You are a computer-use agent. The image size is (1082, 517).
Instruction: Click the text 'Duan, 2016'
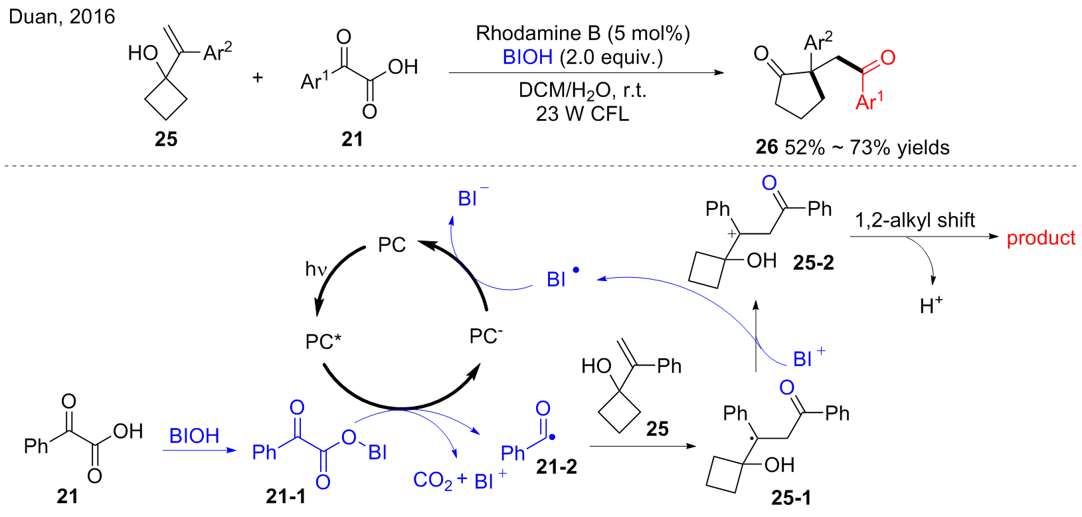tap(62, 17)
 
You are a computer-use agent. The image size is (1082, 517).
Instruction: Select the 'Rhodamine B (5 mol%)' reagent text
tap(583, 33)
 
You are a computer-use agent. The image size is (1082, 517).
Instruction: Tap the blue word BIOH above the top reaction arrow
tap(527, 57)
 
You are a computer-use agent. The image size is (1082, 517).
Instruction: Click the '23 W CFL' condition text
tap(583, 114)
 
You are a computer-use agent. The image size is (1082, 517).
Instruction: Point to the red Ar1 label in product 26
tap(869, 102)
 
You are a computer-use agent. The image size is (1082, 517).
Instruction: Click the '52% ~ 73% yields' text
tap(867, 148)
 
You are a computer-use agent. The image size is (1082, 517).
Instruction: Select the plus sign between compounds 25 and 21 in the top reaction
tap(258, 77)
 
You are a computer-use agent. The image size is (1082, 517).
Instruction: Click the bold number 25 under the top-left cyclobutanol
tap(166, 139)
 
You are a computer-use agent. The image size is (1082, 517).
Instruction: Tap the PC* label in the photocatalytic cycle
tap(323, 342)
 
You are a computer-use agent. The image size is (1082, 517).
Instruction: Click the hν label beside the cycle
tap(316, 269)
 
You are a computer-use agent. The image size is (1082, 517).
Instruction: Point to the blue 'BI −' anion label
tap(474, 197)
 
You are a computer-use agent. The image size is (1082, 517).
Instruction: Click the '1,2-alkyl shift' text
tap(915, 221)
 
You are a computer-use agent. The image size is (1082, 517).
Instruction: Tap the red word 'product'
tap(1041, 238)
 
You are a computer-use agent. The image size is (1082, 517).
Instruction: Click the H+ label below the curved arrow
tap(931, 306)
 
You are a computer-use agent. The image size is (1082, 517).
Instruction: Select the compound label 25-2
tap(814, 262)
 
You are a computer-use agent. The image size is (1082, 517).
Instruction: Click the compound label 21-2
tap(557, 466)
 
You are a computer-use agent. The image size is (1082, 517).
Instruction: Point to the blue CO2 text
tap(433, 480)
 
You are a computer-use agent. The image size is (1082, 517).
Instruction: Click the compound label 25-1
tap(790, 498)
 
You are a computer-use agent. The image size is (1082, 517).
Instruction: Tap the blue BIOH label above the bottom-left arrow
tap(194, 436)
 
